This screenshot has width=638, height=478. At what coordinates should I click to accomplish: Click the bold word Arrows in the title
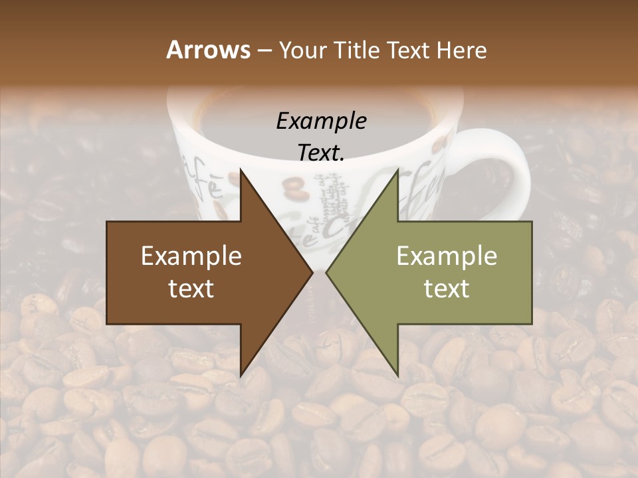[208, 50]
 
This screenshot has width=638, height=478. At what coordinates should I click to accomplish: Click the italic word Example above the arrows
[321, 121]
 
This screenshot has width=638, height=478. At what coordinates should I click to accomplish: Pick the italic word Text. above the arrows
[321, 153]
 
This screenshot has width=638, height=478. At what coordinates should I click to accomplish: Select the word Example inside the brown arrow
[191, 256]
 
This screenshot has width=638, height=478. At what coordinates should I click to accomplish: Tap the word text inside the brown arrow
[191, 289]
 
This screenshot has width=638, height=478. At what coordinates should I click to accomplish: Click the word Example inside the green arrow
[447, 256]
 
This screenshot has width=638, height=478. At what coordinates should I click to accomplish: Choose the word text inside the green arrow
[447, 289]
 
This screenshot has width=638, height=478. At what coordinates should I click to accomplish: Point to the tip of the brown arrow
[312, 272]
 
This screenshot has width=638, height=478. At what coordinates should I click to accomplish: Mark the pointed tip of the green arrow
[326, 272]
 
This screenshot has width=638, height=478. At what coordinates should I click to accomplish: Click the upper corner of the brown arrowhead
[241, 170]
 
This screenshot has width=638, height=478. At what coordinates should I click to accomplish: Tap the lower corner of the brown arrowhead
[241, 376]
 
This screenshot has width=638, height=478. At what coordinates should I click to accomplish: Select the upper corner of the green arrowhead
[397, 170]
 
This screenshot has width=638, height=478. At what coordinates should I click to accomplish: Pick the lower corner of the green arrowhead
[397, 376]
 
